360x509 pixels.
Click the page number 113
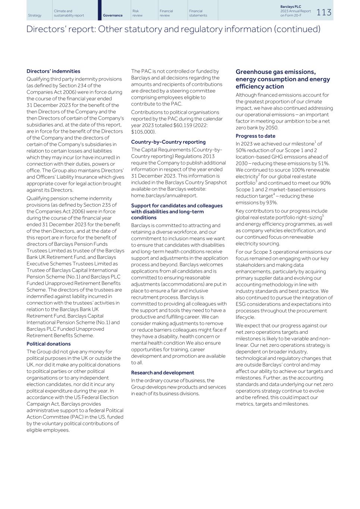[x=323, y=12]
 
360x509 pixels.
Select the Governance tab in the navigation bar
[x=113, y=15]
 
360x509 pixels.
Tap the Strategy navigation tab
[x=35, y=15]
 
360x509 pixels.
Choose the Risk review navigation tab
[x=137, y=13]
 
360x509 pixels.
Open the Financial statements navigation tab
[x=198, y=13]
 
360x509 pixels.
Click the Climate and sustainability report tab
[x=69, y=13]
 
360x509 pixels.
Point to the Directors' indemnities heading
[x=53, y=71]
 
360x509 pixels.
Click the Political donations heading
[x=48, y=344]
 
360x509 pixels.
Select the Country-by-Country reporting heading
[x=168, y=142]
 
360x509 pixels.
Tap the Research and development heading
[x=162, y=373]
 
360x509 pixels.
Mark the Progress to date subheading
[x=255, y=136]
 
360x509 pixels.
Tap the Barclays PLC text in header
[x=291, y=7]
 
